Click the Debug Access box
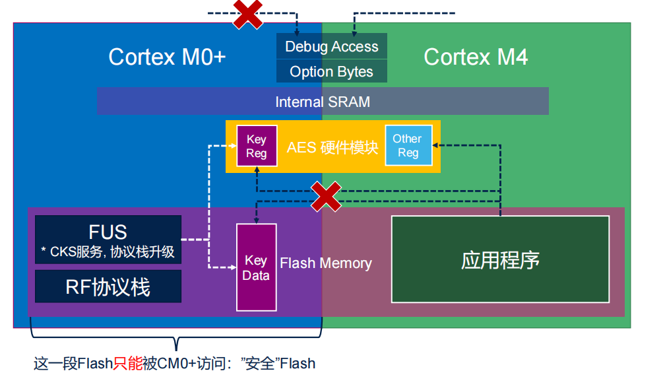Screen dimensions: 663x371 (331, 46)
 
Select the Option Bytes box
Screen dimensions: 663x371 (331, 71)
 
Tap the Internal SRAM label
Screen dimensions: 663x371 (323, 102)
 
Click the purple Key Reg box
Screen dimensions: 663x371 (257, 146)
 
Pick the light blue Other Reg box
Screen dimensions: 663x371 (408, 145)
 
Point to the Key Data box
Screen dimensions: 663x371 (256, 267)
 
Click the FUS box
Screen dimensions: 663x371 (108, 240)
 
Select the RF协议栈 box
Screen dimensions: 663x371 (108, 287)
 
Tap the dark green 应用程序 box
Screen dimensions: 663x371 (500, 259)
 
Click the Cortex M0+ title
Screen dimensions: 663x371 (167, 57)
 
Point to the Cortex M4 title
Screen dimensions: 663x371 (476, 57)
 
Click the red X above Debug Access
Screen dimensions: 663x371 (248, 14)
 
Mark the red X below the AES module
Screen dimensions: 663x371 (326, 197)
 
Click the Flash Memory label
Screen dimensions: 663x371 (326, 263)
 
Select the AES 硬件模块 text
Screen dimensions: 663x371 (332, 148)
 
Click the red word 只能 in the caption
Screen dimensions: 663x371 (128, 363)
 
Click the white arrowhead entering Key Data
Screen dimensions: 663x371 (233, 267)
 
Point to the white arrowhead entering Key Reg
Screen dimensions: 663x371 (233, 146)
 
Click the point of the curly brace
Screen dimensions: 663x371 (176, 349)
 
